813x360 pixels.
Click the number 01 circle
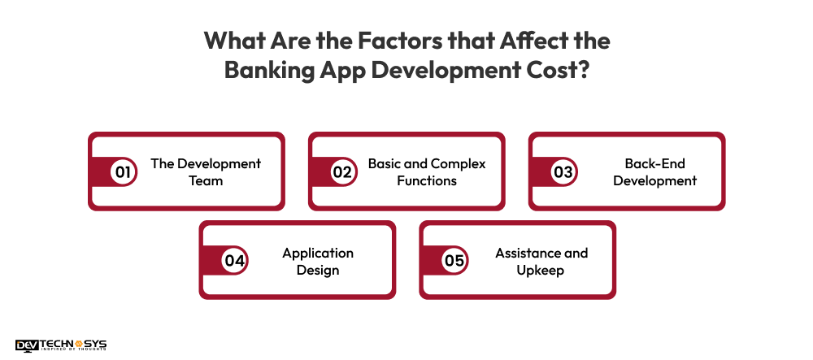point(124,172)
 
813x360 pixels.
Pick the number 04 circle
point(234,261)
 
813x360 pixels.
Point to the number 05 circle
point(454,261)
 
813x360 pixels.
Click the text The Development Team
point(206,172)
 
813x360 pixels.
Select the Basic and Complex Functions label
point(427,172)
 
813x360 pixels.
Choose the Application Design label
point(318,261)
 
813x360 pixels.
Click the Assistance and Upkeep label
point(541,261)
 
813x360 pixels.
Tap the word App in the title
point(349,69)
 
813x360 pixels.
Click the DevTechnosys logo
point(61,345)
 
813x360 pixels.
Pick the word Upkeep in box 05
point(541,270)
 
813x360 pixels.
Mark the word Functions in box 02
point(427,180)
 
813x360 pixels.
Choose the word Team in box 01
point(206,180)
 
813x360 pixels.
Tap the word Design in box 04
point(318,270)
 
